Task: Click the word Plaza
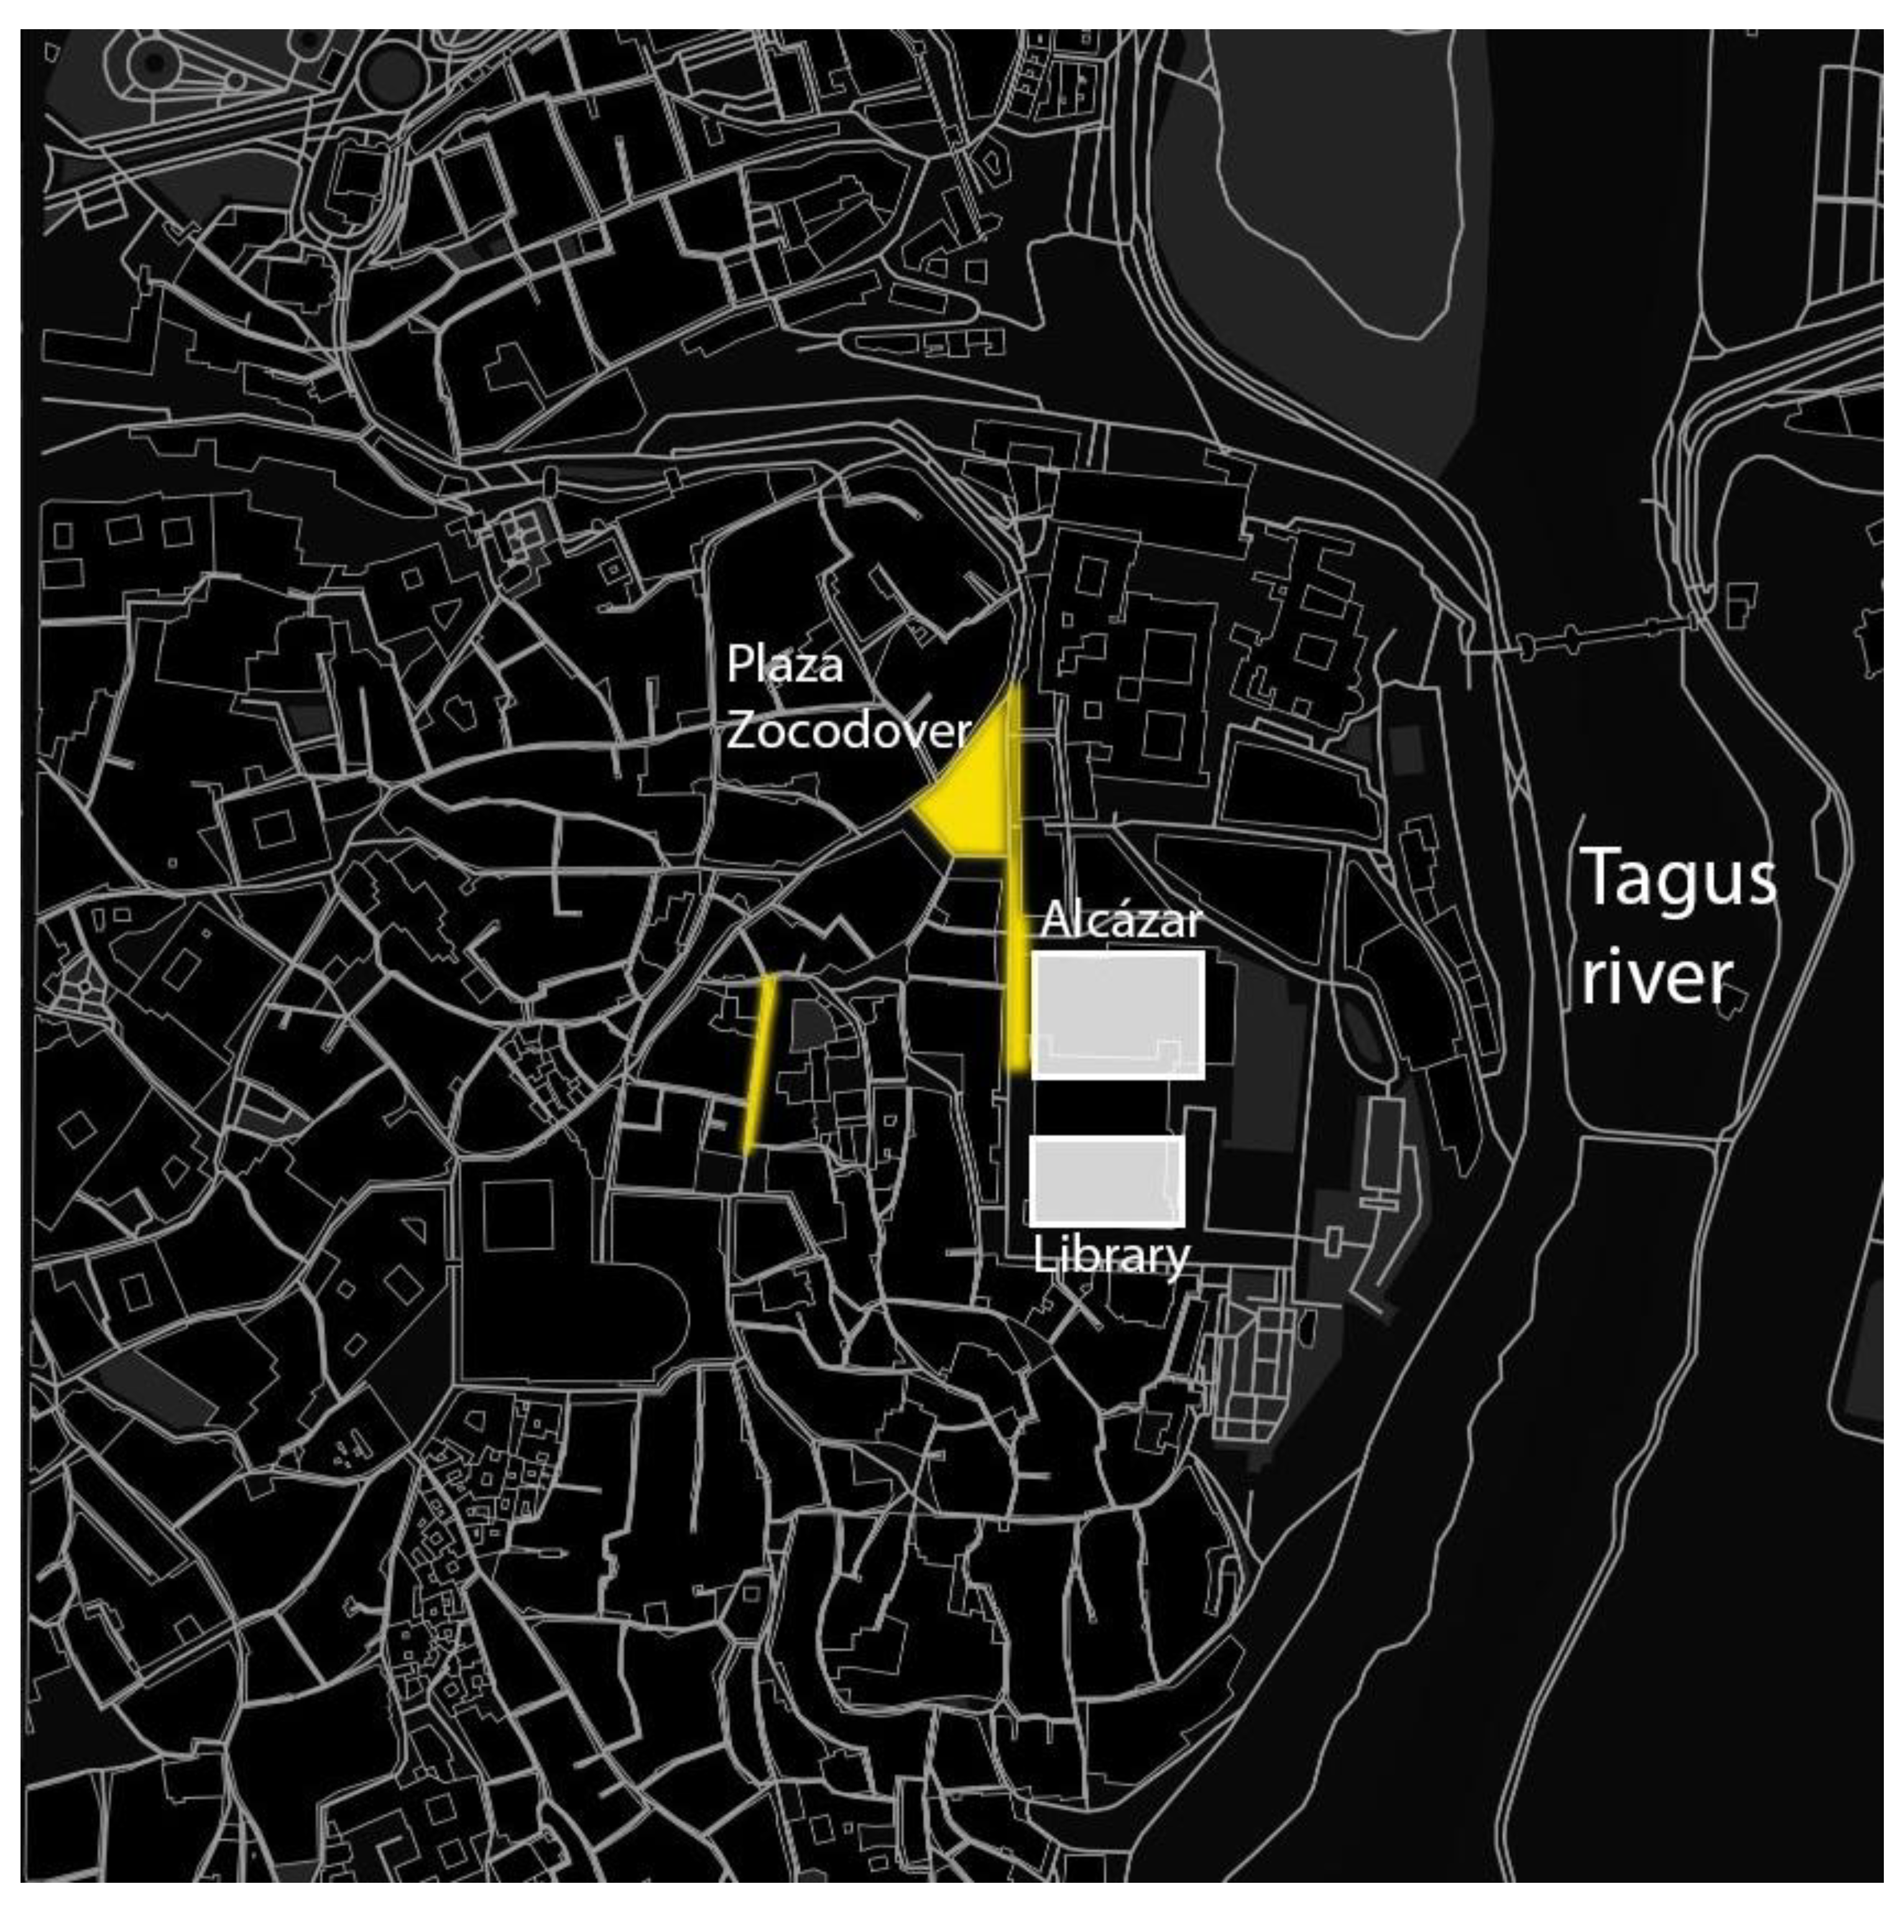(785, 665)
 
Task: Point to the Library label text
(1110, 1256)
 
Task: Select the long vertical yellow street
(1014, 910)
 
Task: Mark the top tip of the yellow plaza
(1012, 688)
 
